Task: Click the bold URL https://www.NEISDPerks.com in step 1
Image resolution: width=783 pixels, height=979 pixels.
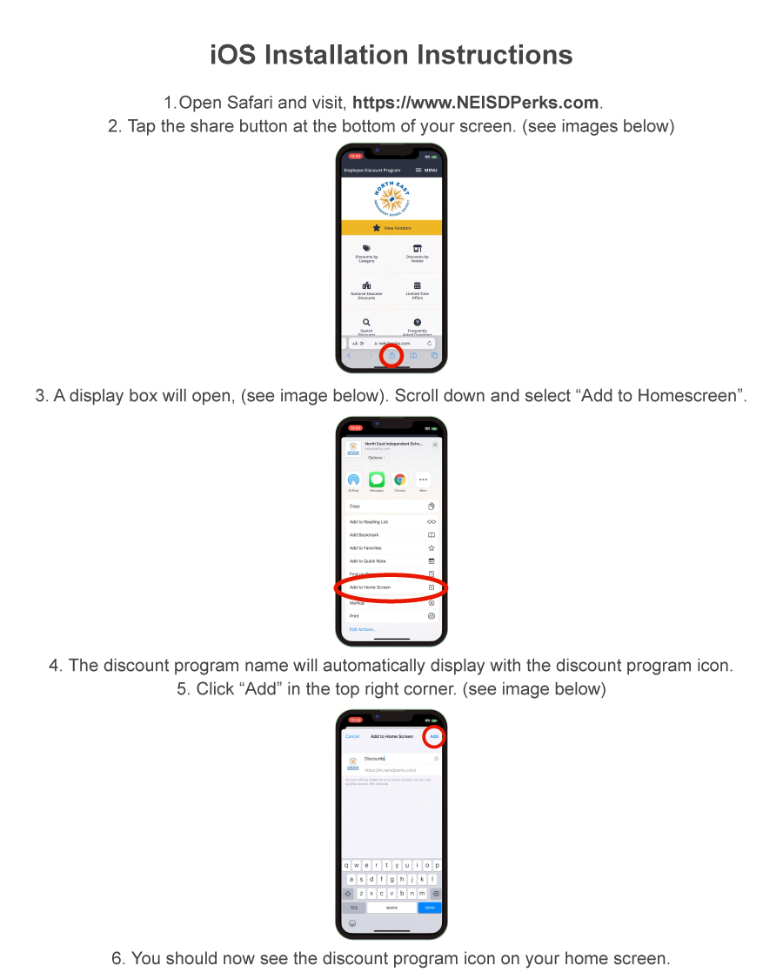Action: [476, 103]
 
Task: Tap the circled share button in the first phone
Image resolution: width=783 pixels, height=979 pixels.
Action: [391, 355]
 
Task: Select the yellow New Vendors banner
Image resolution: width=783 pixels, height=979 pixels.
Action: [391, 228]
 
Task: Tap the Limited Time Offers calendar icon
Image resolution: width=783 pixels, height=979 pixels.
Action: [417, 285]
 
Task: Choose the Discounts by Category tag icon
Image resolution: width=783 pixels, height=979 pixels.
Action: [366, 249]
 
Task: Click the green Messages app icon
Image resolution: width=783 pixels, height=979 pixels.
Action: [377, 479]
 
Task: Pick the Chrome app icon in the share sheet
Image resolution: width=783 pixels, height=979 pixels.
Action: [399, 479]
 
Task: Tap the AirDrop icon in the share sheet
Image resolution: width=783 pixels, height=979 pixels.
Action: [353, 479]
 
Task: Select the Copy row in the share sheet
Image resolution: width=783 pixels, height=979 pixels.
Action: [391, 506]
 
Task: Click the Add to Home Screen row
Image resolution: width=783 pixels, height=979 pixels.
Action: [391, 587]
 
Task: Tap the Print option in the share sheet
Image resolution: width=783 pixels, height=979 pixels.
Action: [391, 616]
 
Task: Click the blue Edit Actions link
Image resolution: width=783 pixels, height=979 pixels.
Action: [362, 629]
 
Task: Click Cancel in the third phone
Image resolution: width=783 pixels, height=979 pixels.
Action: [352, 736]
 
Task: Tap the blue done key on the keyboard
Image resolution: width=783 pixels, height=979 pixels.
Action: [429, 908]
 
